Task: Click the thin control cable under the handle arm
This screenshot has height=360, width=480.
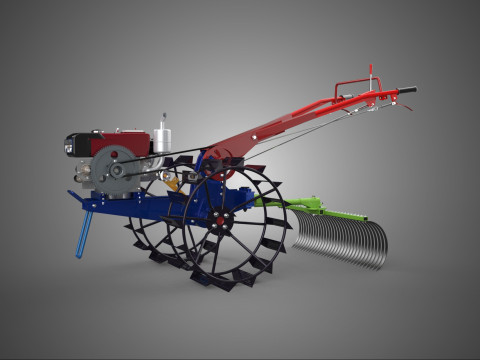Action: pyautogui.click(x=300, y=140)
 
